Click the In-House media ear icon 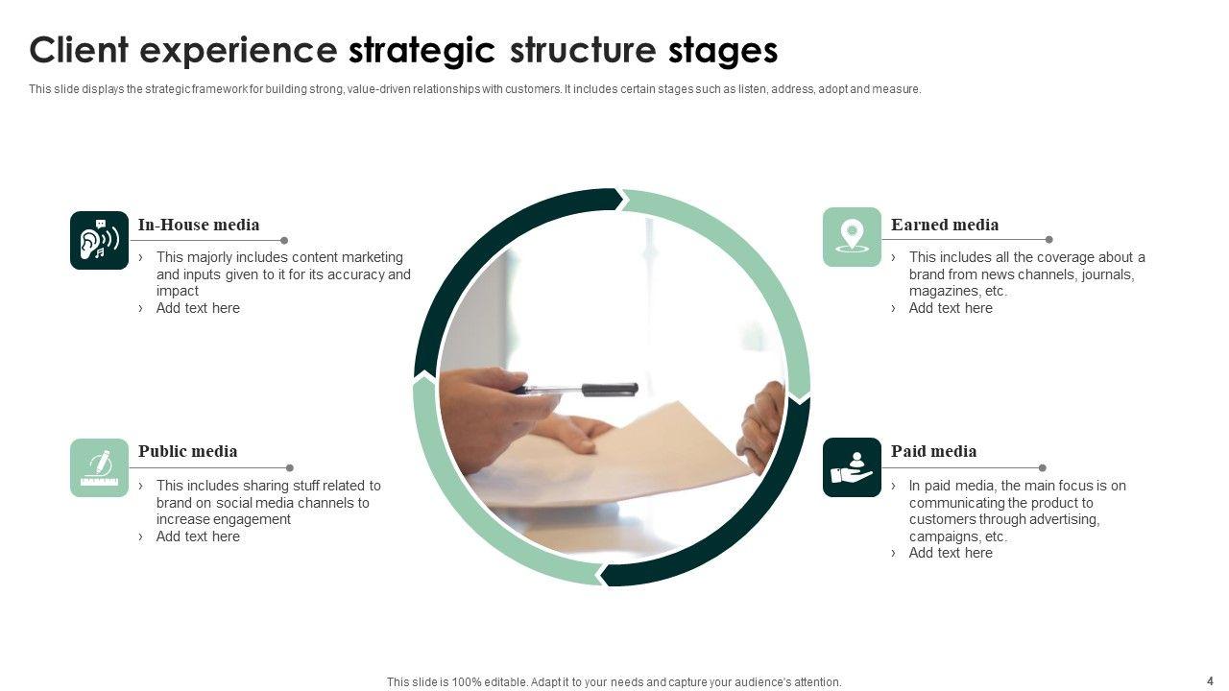tap(99, 240)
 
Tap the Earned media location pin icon tap(852, 236)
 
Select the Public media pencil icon tap(99, 467)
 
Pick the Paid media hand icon tap(852, 467)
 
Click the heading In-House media tap(199, 225)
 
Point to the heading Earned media tap(945, 225)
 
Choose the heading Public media tap(187, 451)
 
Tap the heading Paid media tap(933, 451)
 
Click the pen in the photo tap(576, 389)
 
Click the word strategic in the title tap(422, 50)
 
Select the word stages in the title tap(722, 50)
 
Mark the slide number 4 tap(1210, 680)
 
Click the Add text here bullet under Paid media tap(951, 553)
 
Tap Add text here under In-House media tap(198, 308)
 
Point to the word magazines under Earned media tap(944, 291)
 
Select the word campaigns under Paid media tap(945, 536)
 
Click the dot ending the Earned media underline tap(1048, 240)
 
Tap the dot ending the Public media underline tap(290, 468)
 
